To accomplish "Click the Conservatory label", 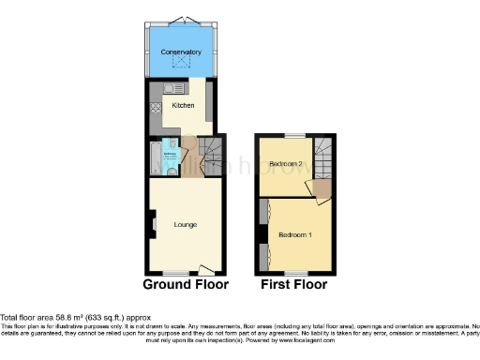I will coord(181,52).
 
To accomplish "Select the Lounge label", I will coord(184,225).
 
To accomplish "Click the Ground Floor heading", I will coord(185,283).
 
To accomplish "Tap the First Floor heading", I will coord(294,283).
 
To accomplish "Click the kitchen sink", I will coord(171,88).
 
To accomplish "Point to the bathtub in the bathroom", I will coord(154,159).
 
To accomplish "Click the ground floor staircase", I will coord(212,150).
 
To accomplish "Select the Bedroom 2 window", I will coord(289,137).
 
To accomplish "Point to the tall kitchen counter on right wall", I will coord(208,101).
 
